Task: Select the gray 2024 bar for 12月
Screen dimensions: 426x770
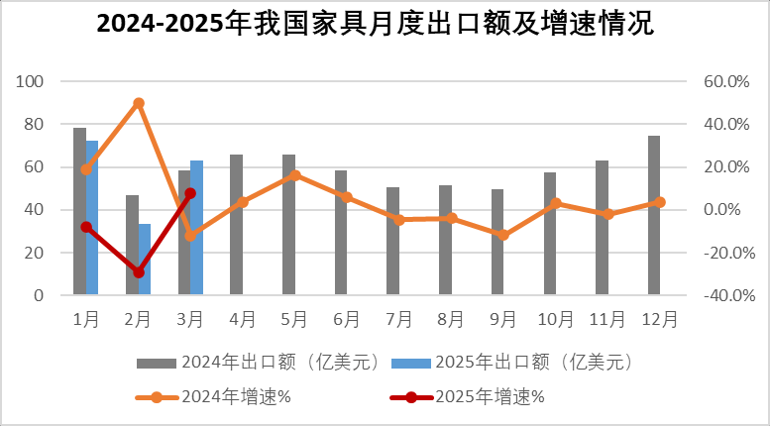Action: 655,215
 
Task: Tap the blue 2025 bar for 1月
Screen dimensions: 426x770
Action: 92,218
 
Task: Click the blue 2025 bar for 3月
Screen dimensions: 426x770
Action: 196,228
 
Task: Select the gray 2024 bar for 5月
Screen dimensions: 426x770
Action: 288,225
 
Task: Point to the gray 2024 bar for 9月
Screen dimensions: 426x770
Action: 497,242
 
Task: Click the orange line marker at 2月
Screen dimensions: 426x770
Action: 139,103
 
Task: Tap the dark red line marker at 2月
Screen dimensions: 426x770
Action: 139,272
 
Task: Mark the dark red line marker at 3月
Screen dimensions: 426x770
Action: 190,194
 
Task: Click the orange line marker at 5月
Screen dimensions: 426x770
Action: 295,175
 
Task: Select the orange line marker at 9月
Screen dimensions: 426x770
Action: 503,235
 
